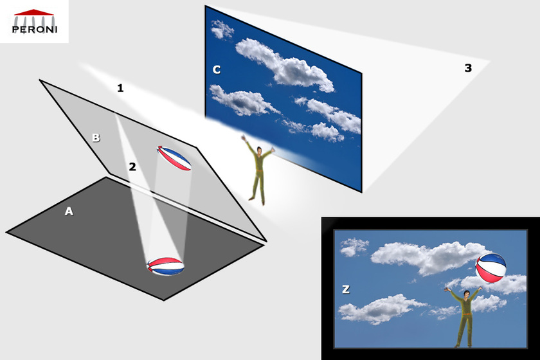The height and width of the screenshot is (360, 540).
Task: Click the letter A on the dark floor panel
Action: coord(69,210)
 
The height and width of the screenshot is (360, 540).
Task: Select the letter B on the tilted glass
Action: coord(96,138)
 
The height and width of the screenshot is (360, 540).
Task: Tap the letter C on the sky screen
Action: coord(217,69)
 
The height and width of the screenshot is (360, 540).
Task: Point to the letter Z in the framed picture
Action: coord(346,289)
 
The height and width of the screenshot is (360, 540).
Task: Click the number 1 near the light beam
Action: coord(120,88)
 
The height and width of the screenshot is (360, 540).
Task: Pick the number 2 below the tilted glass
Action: coord(132,166)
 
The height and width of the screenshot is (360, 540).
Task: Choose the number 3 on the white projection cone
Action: coord(468,67)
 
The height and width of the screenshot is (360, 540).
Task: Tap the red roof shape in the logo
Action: coord(33,12)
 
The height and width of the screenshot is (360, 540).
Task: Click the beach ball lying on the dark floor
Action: coord(165,265)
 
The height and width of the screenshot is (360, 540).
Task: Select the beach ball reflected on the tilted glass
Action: coord(175,159)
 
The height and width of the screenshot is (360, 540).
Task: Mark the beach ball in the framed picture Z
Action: coord(491,268)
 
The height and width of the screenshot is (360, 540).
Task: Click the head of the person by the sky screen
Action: coord(258,151)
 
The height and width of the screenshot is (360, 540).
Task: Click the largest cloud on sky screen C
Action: coord(283,65)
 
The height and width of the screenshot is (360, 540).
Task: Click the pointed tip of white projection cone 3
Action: coord(490,61)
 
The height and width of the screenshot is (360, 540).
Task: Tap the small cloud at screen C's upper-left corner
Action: coord(222,29)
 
